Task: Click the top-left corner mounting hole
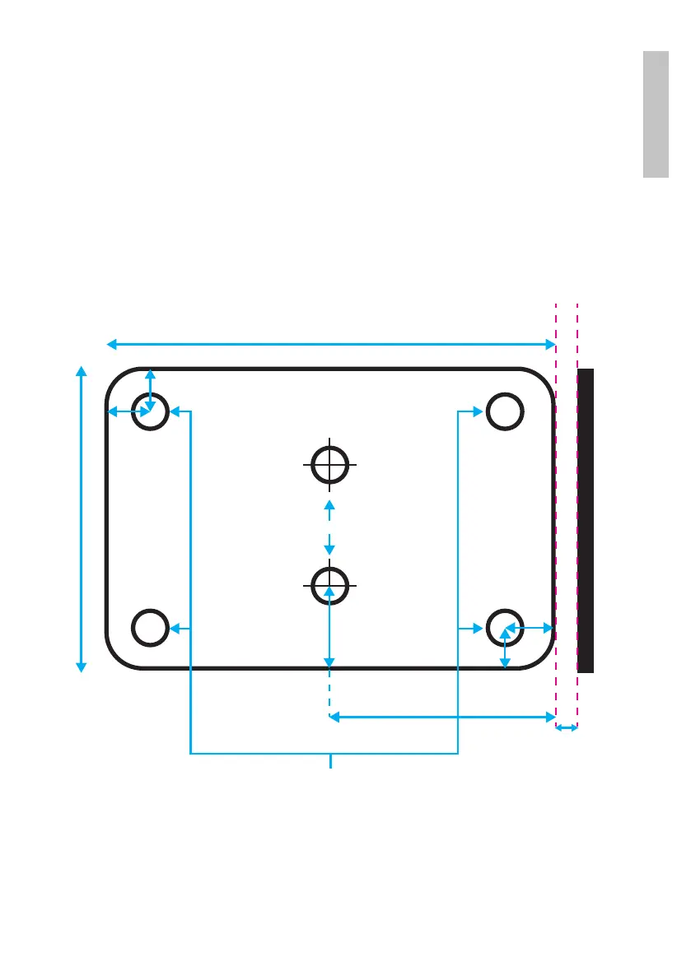pyautogui.click(x=150, y=411)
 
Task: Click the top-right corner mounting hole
pyautogui.click(x=504, y=411)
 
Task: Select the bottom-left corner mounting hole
pyautogui.click(x=150, y=628)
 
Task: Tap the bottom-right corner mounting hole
pyautogui.click(x=504, y=628)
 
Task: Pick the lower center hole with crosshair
pyautogui.click(x=329, y=584)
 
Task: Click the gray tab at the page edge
pyautogui.click(x=656, y=114)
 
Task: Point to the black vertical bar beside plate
pyautogui.click(x=586, y=520)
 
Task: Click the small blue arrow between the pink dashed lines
pyautogui.click(x=567, y=727)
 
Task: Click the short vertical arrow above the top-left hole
pyautogui.click(x=149, y=388)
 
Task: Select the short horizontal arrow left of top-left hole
pyautogui.click(x=128, y=411)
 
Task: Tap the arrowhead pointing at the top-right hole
pyautogui.click(x=476, y=411)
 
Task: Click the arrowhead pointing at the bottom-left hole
pyautogui.click(x=175, y=629)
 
